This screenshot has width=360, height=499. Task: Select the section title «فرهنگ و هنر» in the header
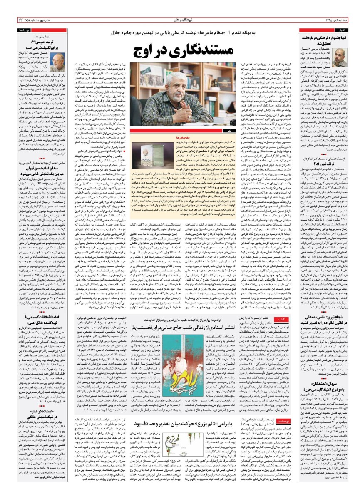pyautogui.click(x=180, y=20)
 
